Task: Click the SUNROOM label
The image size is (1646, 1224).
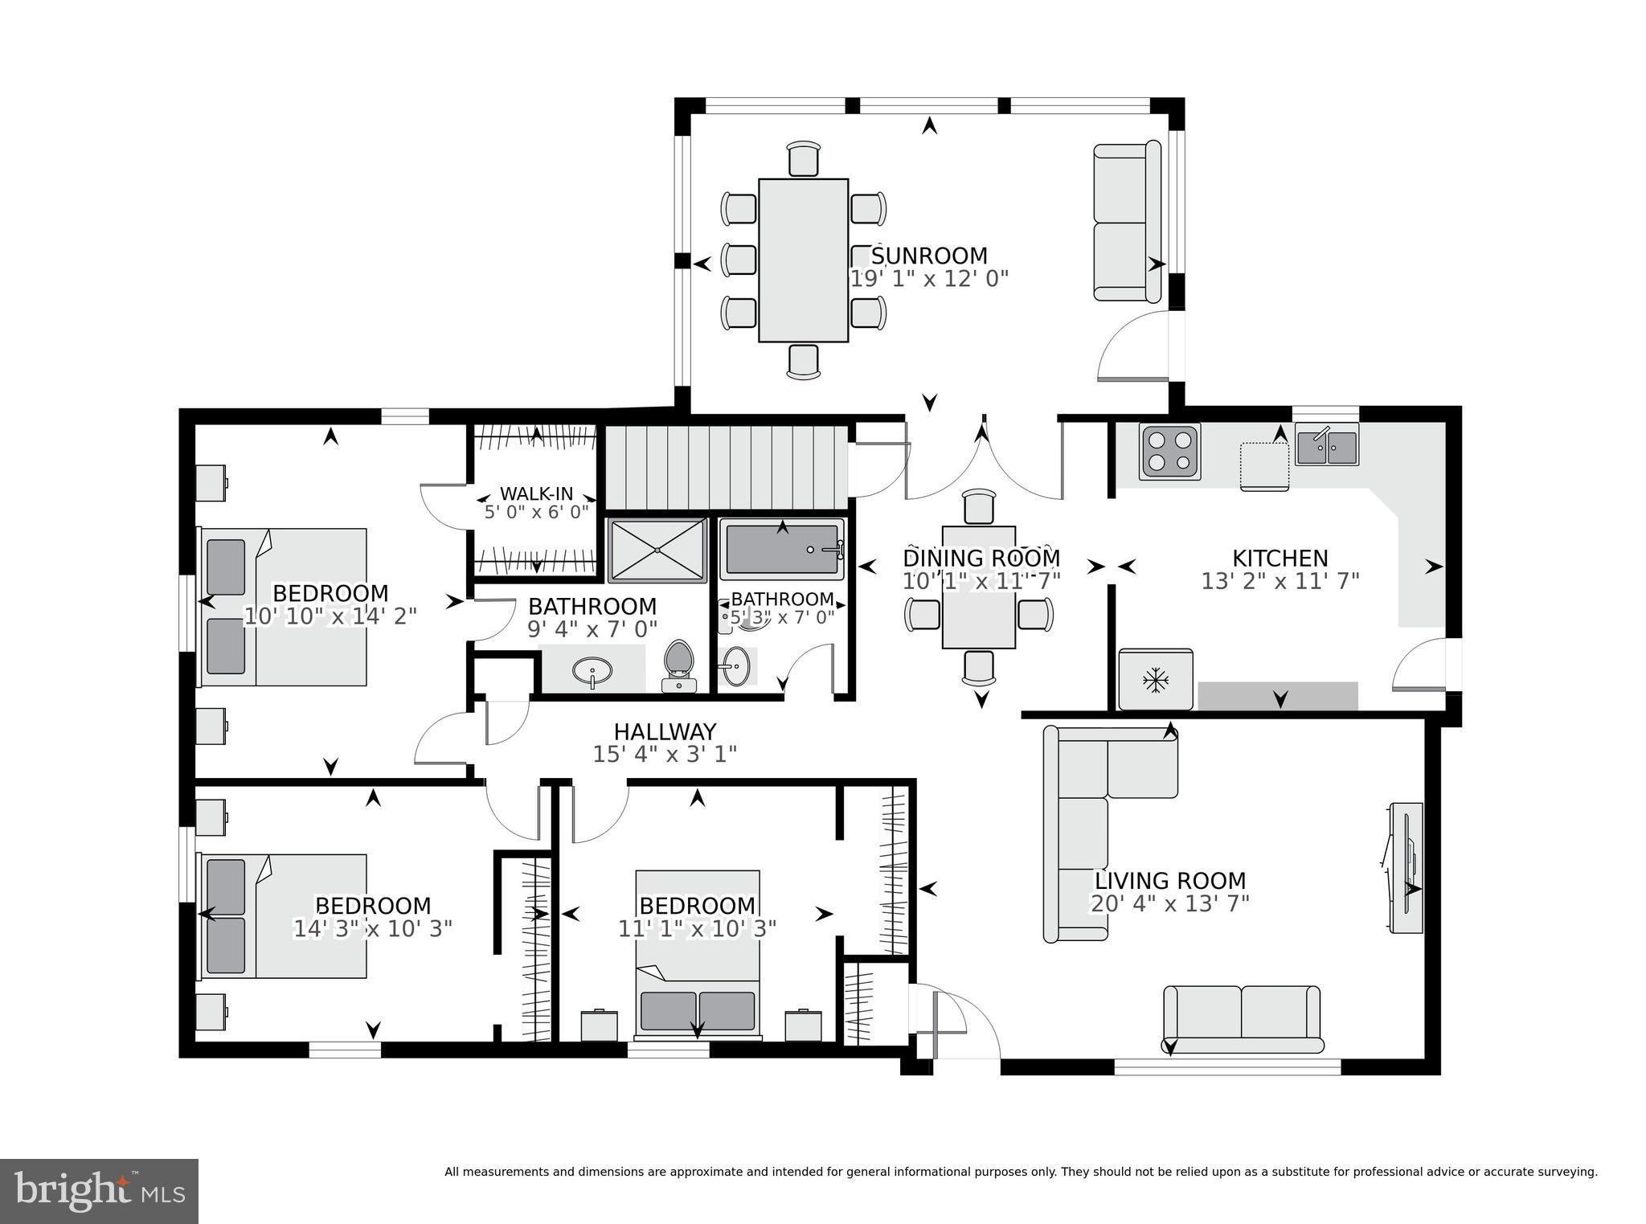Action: (x=929, y=256)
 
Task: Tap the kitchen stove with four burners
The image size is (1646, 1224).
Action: (x=1169, y=452)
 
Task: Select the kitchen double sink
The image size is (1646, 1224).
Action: (x=1326, y=448)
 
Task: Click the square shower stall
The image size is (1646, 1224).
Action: (x=657, y=550)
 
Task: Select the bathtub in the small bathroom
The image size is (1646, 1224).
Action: (x=781, y=549)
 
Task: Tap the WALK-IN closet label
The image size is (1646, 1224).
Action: (x=536, y=493)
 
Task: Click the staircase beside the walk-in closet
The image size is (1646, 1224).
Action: (x=726, y=467)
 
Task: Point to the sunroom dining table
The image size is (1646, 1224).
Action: (x=803, y=260)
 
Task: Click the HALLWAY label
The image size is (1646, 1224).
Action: (x=665, y=731)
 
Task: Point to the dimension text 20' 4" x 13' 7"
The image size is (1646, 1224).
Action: (x=1169, y=904)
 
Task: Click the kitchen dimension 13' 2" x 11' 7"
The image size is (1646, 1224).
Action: (x=1280, y=581)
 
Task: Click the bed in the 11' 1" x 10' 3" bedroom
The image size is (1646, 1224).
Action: (x=698, y=956)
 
